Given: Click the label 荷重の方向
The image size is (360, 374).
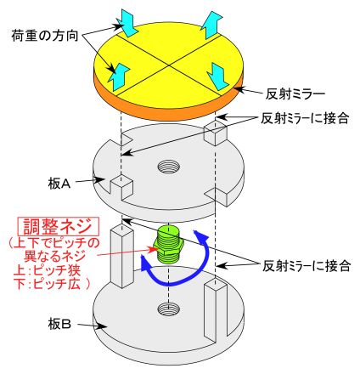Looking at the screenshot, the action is [45, 36].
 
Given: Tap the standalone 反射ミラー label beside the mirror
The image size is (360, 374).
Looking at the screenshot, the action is [295, 94].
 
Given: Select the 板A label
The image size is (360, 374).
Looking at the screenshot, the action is [59, 184].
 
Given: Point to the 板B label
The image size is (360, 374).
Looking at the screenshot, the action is [59, 324].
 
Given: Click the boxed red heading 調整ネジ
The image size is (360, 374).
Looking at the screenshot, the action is [58, 227].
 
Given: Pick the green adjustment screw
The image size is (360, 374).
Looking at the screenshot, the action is [168, 244].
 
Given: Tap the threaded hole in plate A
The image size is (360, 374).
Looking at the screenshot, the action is [169, 167].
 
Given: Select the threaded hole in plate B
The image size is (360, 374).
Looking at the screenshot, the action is [169, 309].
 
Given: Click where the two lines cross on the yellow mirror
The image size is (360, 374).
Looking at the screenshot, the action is [169, 65].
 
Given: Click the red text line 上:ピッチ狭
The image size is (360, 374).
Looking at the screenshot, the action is [48, 270].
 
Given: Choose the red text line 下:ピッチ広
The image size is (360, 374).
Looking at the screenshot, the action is [51, 284].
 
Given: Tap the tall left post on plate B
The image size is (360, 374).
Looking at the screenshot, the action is [121, 257].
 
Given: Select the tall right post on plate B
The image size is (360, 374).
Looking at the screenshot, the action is [216, 309].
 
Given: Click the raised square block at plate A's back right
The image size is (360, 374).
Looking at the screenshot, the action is [216, 133].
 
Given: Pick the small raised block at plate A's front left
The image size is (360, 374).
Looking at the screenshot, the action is [121, 187].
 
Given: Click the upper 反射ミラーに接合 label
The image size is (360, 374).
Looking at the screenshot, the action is [305, 118].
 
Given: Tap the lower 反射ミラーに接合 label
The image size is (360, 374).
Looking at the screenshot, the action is [307, 266].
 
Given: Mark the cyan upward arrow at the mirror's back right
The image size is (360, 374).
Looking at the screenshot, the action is [211, 25].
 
